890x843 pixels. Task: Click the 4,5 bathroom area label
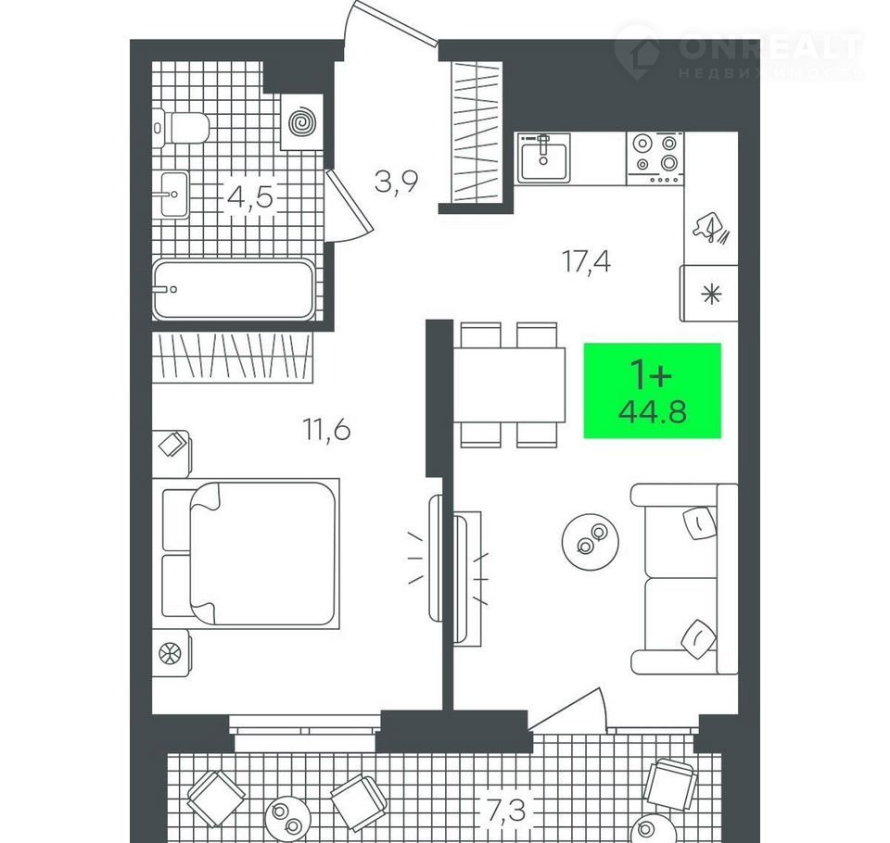click(x=249, y=198)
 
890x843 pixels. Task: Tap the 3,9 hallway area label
click(x=396, y=182)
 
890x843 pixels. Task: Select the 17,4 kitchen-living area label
click(x=586, y=261)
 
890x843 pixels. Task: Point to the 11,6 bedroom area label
click(x=326, y=430)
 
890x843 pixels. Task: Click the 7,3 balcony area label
click(x=506, y=811)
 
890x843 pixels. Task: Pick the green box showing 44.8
click(x=653, y=391)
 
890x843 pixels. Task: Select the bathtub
click(x=234, y=289)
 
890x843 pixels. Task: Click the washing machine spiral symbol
click(x=302, y=122)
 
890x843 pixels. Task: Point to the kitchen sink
click(x=543, y=157)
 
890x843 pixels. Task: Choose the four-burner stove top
click(x=655, y=158)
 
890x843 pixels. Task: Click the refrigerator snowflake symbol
click(x=711, y=295)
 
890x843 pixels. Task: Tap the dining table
click(x=509, y=384)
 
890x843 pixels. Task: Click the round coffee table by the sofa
click(x=591, y=541)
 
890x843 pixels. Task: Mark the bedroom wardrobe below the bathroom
click(x=233, y=358)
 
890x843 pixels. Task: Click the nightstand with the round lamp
click(x=171, y=652)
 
